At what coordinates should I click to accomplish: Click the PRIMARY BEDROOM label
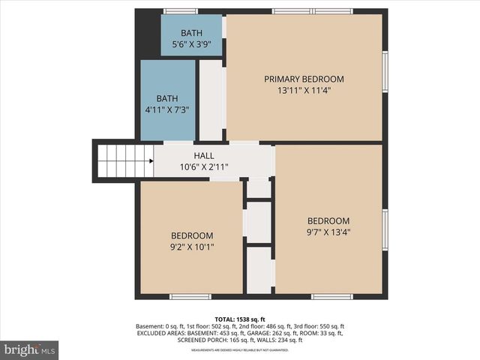(x=304, y=79)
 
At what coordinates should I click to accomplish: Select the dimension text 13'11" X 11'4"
(x=304, y=90)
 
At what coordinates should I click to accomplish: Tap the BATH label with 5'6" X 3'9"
(x=191, y=33)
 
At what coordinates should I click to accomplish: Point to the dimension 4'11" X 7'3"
(x=167, y=110)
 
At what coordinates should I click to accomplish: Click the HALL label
(x=204, y=155)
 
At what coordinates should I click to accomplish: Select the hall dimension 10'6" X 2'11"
(x=204, y=166)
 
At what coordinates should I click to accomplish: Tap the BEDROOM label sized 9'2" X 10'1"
(x=192, y=235)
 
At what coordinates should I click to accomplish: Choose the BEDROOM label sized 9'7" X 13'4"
(x=328, y=220)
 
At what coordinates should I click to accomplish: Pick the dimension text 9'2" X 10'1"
(x=192, y=247)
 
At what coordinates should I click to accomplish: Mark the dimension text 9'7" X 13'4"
(x=328, y=232)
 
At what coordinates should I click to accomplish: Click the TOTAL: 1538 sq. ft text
(x=240, y=319)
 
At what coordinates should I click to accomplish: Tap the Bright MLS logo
(x=29, y=349)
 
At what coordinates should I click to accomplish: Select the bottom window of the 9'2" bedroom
(x=190, y=296)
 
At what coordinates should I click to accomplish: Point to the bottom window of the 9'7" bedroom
(x=331, y=296)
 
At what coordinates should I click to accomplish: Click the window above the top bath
(x=181, y=11)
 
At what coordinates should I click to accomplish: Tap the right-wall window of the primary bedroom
(x=385, y=75)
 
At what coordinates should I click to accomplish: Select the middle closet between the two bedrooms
(x=259, y=222)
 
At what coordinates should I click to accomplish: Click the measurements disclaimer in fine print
(x=240, y=350)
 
